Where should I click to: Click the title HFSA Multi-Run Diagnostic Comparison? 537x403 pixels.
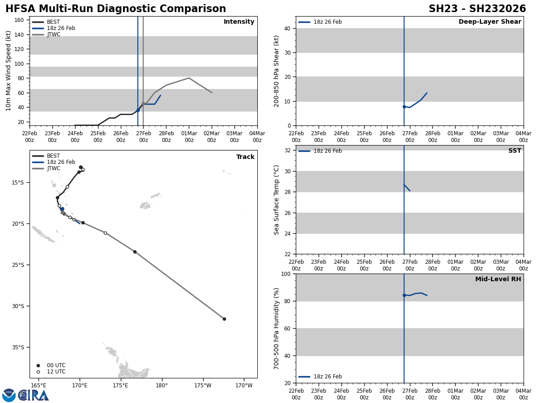coord(115,9)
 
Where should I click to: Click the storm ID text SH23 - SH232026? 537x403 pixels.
coord(477,9)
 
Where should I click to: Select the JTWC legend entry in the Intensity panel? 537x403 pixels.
coord(53,34)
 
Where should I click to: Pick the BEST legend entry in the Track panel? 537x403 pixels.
coord(53,156)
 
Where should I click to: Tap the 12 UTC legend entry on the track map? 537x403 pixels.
coord(56,372)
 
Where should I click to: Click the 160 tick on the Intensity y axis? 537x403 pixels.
coord(19,20)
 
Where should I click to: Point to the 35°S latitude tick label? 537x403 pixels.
coord(18,347)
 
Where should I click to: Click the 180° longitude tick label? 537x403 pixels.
coord(162,385)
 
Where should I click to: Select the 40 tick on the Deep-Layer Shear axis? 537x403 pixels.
coord(288,29)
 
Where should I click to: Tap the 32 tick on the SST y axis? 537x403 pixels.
coord(288,150)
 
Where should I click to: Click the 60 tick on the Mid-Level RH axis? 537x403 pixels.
coord(288,328)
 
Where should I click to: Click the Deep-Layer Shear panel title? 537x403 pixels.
coord(490,22)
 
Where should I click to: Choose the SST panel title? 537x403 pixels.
coord(515,151)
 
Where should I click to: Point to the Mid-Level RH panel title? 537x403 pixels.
coord(498,279)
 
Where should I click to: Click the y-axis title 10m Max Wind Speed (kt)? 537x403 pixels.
coord(9,71)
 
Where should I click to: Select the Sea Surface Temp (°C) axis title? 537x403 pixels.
coord(277,200)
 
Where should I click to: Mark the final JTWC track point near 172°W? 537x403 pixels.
coord(224,319)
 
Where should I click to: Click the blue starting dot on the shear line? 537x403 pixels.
coord(404,107)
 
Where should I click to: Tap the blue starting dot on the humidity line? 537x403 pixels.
coord(404,295)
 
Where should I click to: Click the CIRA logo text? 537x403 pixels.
coord(34,395)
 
